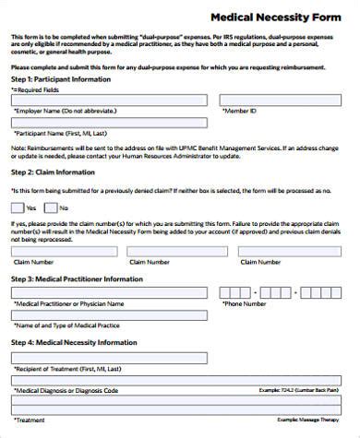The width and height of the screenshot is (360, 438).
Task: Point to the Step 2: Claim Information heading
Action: (53, 172)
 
